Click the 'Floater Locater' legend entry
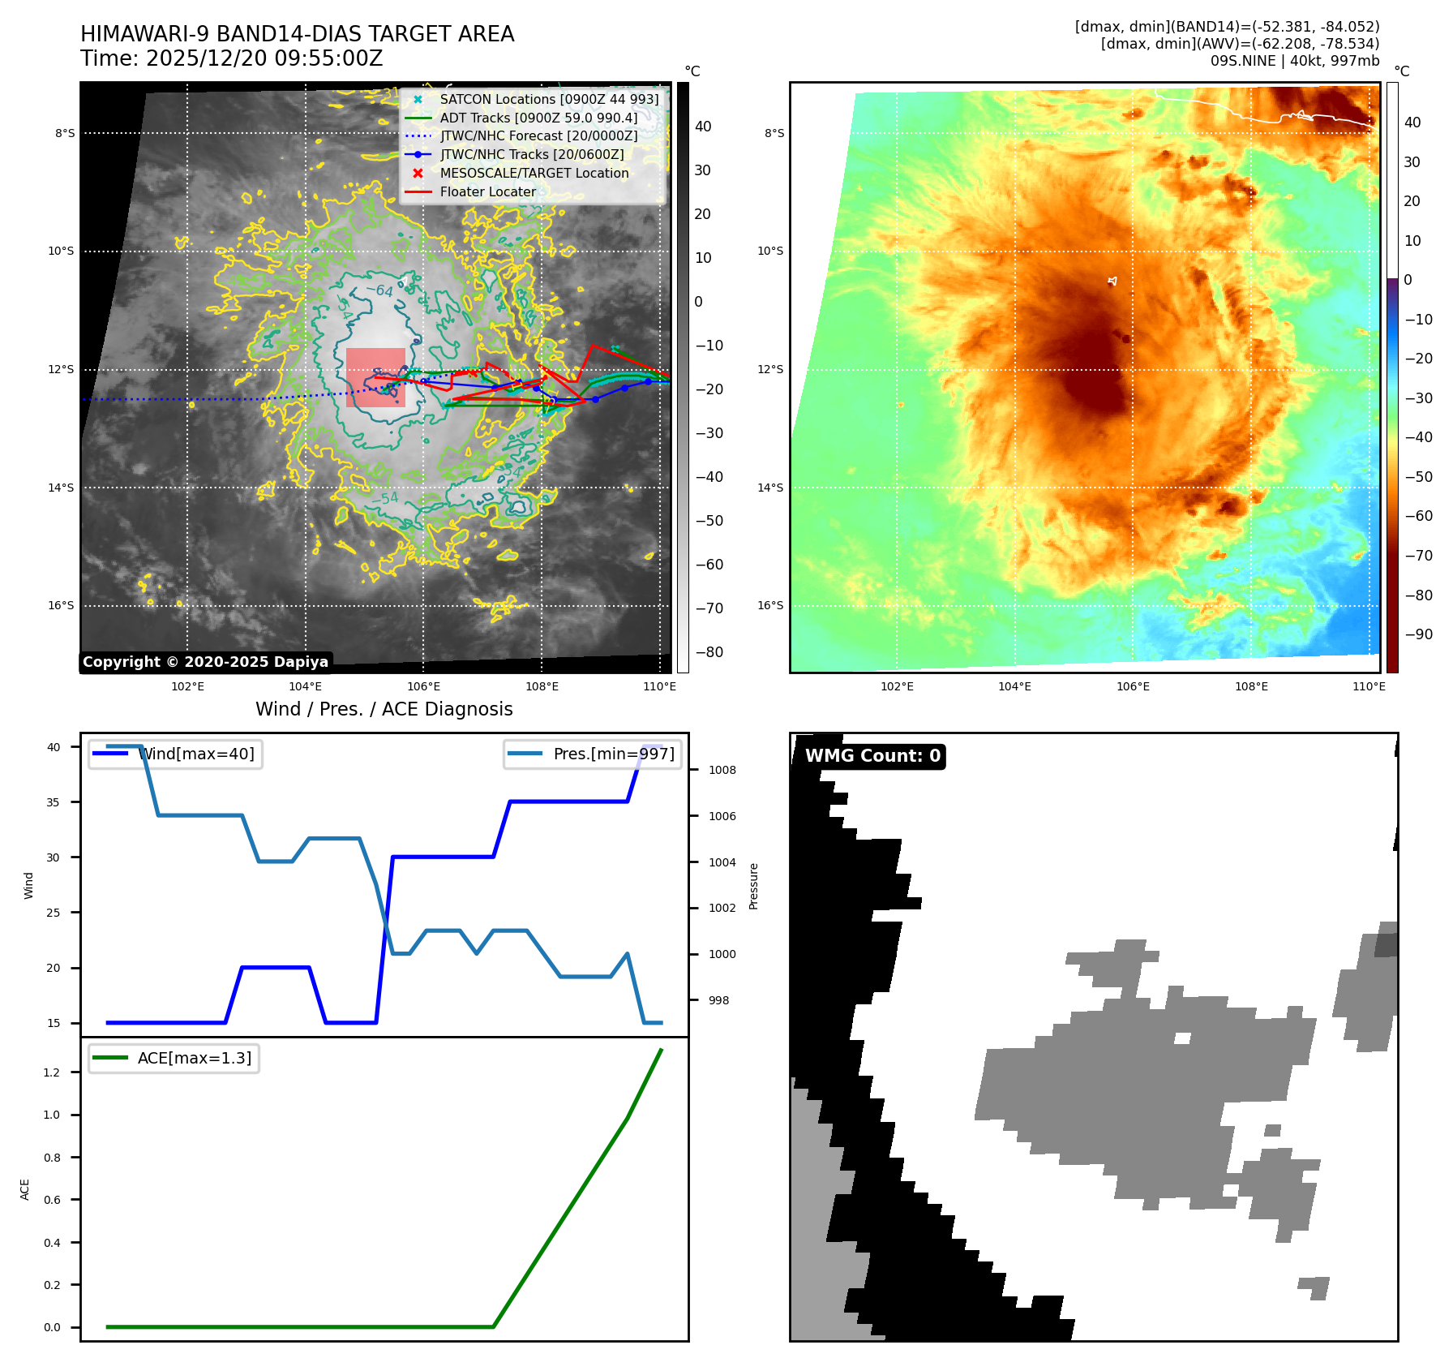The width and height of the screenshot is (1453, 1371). point(487,192)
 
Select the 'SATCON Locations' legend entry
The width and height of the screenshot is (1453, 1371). point(549,100)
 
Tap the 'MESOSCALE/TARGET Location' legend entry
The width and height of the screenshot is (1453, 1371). point(534,174)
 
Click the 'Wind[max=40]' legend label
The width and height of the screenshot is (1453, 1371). point(195,754)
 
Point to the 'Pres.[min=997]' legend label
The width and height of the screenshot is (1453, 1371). point(613,754)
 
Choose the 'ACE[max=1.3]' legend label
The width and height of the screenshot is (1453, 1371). point(195,1059)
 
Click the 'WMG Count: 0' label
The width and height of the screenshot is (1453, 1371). point(872,756)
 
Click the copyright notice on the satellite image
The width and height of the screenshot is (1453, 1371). point(205,662)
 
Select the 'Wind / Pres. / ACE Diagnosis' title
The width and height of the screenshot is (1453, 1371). point(384,710)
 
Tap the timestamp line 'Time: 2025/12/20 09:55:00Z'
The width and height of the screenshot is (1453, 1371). point(231,59)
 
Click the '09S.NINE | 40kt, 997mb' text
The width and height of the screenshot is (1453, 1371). point(1294,61)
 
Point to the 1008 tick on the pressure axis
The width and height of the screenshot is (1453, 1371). point(722,771)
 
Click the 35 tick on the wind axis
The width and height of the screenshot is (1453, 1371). point(53,802)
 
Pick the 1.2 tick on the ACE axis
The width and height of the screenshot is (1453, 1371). point(52,1072)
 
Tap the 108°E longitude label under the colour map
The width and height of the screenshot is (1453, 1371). point(1250,687)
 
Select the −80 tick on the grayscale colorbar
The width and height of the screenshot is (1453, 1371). point(709,652)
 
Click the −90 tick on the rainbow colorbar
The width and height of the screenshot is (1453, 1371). point(1418,634)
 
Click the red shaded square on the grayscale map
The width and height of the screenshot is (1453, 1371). point(375,377)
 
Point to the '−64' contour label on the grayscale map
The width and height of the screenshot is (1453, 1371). point(379,290)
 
